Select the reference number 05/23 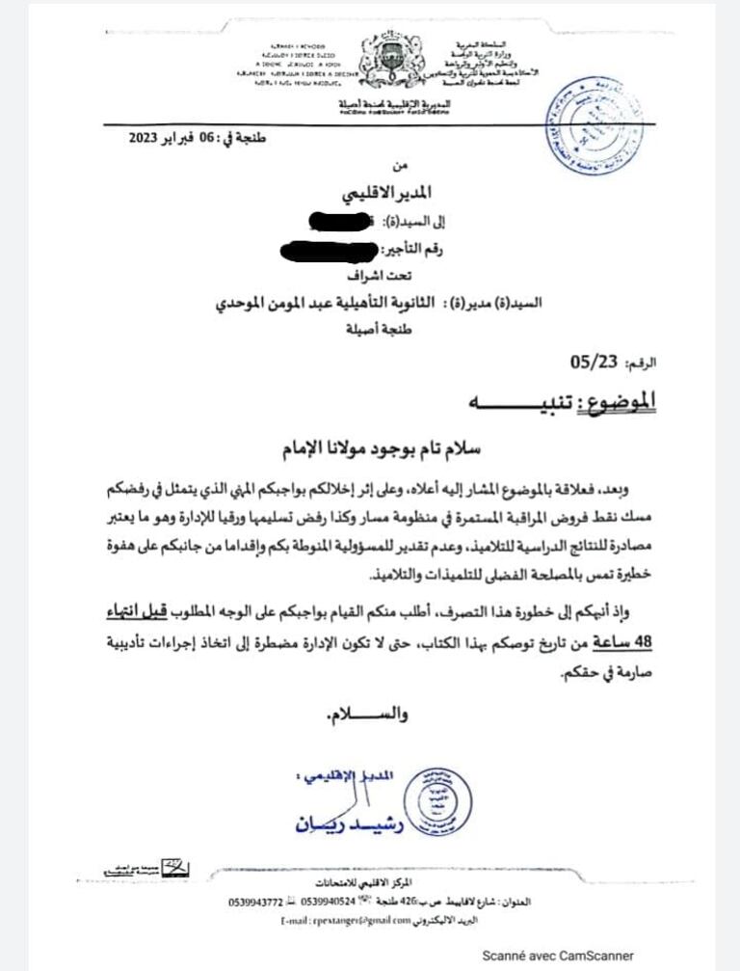(x=592, y=364)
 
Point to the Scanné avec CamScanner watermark (x=550, y=955)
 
